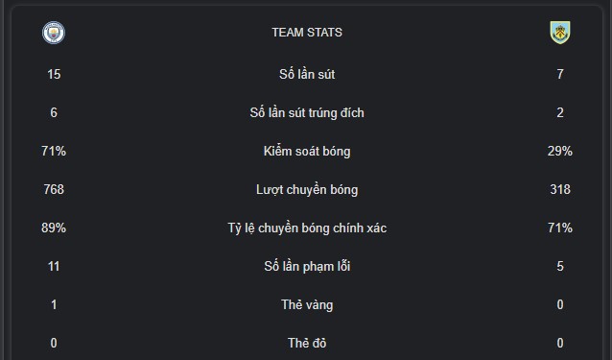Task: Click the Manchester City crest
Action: [x=54, y=33]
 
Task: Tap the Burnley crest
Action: [x=560, y=33]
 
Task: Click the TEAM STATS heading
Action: [x=307, y=33]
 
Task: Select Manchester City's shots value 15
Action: [x=54, y=74]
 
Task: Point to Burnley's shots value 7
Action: [x=560, y=74]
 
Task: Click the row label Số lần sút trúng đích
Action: [x=307, y=113]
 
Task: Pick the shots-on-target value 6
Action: [x=54, y=113]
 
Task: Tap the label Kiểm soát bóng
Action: [x=307, y=151]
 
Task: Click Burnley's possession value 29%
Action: [x=560, y=151]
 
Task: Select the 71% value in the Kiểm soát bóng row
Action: [x=54, y=151]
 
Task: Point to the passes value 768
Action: [x=54, y=189]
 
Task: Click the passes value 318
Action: [x=560, y=189]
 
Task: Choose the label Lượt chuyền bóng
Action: [x=307, y=190]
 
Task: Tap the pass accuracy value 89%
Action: [x=54, y=228]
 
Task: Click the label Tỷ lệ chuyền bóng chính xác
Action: [x=307, y=228]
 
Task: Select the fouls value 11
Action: [x=54, y=266]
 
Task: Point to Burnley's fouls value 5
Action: [x=560, y=266]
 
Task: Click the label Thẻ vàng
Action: [x=307, y=305]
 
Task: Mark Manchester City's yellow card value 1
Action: [x=54, y=304]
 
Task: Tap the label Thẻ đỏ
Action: [x=307, y=343]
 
